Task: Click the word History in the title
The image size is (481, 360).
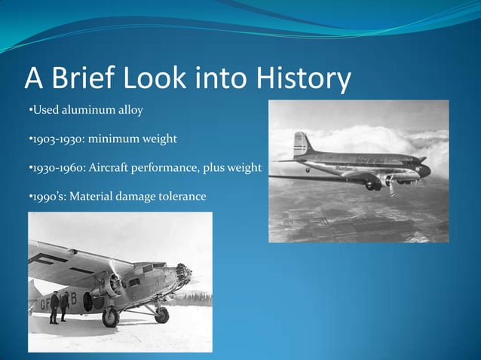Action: point(305,79)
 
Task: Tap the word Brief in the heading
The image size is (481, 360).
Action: point(91,79)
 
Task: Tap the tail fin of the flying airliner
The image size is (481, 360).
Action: point(302,143)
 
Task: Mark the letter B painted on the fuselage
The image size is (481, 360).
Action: point(72,298)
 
